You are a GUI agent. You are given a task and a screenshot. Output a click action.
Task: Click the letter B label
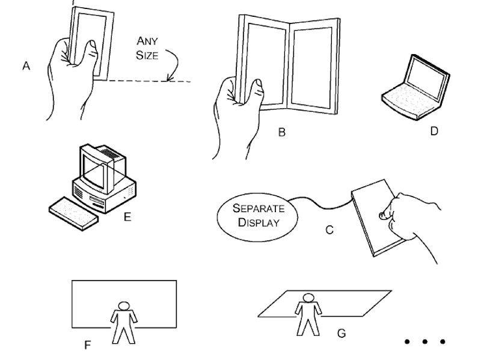(281, 133)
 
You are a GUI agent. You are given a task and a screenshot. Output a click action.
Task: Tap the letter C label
(329, 229)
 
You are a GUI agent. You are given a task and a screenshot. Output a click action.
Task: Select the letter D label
(434, 130)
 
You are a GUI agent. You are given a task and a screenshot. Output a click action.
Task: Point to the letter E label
(127, 217)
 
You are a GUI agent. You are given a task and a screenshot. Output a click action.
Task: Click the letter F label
(87, 346)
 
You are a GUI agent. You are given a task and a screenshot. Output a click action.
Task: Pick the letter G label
(342, 333)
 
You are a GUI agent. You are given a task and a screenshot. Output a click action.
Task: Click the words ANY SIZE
(147, 48)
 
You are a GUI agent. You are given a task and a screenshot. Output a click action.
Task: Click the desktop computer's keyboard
(72, 213)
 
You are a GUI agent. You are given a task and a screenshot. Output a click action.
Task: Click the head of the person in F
(124, 306)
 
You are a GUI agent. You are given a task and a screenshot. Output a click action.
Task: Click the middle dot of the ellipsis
(424, 342)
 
